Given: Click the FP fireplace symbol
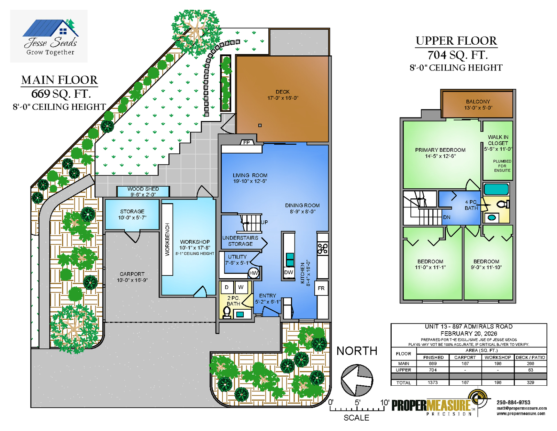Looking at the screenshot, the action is tap(247, 142).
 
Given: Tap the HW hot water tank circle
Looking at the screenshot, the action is tap(253, 273).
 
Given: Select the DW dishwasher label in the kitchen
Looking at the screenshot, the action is tap(288, 272).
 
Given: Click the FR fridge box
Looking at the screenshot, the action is tap(321, 288).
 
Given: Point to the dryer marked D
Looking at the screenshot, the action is tap(227, 287).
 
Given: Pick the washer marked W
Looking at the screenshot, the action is tap(241, 287).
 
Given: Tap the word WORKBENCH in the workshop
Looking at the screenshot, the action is tap(167, 240).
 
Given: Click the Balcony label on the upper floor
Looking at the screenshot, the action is tap(478, 105).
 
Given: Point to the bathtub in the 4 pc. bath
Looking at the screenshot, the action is tap(496, 189).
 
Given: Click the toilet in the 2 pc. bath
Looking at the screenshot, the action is tap(227, 313).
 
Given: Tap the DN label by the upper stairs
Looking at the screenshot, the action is tap(447, 217).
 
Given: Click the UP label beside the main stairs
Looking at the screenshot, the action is tap(264, 222).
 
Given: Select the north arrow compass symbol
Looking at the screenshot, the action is tap(357, 380).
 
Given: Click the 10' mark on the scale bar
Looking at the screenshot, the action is tap(385, 402).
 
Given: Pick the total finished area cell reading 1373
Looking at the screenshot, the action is tap(433, 383).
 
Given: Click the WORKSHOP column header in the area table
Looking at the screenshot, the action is tap(497, 357).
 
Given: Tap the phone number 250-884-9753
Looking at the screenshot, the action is tap(513, 402).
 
